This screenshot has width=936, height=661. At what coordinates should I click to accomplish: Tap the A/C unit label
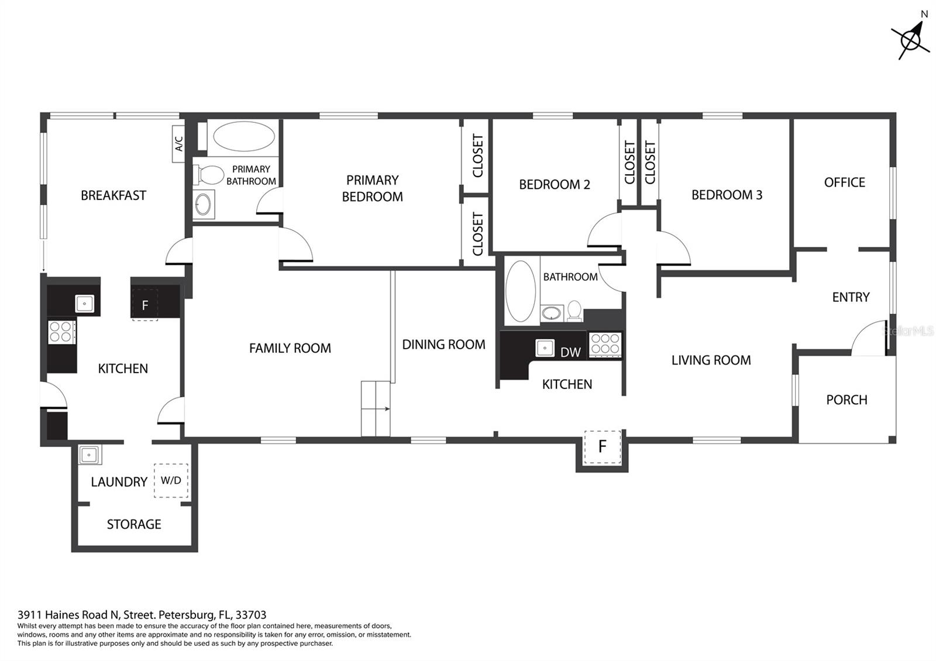coord(179,144)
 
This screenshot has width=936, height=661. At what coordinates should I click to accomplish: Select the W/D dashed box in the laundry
coord(171,480)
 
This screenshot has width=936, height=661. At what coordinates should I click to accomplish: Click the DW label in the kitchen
coord(570,352)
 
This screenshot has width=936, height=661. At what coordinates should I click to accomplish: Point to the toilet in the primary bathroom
coord(208,175)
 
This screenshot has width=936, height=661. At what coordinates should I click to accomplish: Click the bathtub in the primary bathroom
coord(243,136)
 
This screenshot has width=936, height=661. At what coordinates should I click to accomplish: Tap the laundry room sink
coord(90,455)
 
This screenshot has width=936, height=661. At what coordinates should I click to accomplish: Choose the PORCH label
coord(846,400)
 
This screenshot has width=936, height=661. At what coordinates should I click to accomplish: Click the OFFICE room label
coord(845,182)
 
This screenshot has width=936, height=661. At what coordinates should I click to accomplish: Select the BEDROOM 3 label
coord(727,195)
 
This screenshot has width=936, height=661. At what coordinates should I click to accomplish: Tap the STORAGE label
coord(134,524)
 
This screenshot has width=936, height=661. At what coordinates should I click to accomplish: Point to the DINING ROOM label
coord(443,345)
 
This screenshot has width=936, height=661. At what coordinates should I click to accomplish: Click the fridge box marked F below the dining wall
coord(602,447)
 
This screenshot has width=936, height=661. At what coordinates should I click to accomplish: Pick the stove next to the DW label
coord(605,345)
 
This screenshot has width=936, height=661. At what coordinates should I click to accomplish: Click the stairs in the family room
coord(376,409)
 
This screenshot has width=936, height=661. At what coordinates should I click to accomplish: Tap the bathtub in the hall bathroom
coord(520,291)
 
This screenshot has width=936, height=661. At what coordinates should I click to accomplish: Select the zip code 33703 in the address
coord(251,615)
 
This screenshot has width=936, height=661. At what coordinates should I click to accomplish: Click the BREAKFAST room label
coord(113,195)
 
